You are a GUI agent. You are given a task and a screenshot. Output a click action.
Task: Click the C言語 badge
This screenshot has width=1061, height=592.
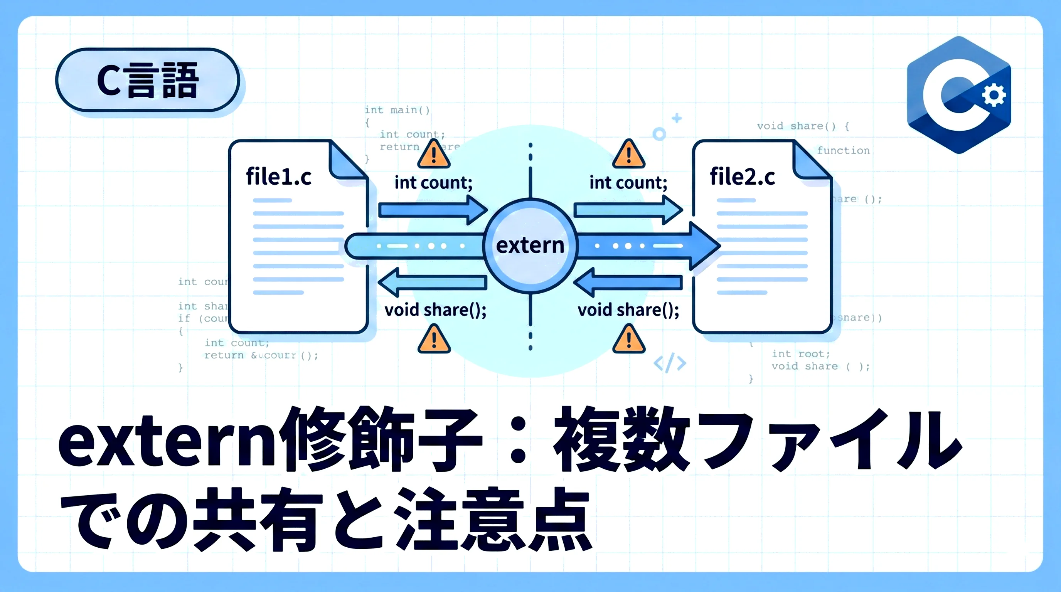(x=147, y=80)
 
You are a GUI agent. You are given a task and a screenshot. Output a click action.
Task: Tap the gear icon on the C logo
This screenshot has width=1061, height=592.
(x=994, y=95)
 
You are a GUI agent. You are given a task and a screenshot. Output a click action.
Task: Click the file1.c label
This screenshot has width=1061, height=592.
(x=278, y=177)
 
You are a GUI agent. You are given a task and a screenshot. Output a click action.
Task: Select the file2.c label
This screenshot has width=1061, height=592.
(x=742, y=177)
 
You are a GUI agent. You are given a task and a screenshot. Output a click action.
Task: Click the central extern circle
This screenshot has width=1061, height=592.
(x=530, y=246)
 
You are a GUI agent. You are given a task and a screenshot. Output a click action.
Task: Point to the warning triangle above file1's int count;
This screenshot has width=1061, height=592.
(x=434, y=155)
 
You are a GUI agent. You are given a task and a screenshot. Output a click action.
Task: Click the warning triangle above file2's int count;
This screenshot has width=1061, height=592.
(x=628, y=155)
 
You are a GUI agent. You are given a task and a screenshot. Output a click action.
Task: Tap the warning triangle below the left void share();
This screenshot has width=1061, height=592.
(x=434, y=340)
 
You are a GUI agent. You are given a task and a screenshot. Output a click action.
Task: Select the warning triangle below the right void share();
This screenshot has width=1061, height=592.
(x=628, y=340)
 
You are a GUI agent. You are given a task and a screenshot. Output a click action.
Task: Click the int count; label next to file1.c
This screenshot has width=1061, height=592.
(x=433, y=183)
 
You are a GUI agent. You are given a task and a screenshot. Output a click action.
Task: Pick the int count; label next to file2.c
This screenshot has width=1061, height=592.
(x=628, y=183)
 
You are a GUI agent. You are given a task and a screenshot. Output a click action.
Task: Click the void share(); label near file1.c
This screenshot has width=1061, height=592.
(x=435, y=310)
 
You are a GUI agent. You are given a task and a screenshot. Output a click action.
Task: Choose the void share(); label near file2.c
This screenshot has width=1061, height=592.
(x=628, y=310)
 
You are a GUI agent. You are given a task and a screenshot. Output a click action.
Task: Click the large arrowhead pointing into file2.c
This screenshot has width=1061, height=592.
(x=704, y=246)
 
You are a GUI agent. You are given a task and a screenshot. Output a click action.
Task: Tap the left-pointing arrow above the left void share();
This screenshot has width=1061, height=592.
(x=433, y=283)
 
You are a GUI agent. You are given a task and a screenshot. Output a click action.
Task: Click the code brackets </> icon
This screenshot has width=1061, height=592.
(x=670, y=363)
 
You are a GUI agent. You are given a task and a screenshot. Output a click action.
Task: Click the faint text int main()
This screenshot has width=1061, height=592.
(x=397, y=110)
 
